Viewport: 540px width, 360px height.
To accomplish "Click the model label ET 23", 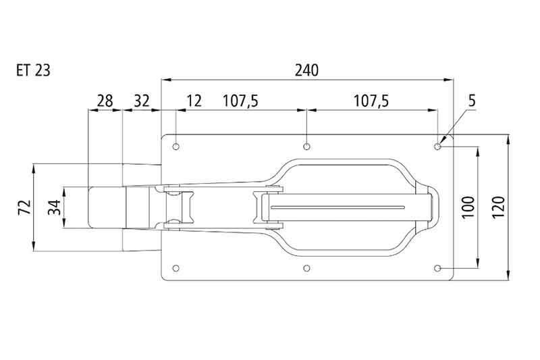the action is (33, 71).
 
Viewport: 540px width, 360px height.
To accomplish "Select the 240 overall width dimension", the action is (306, 71).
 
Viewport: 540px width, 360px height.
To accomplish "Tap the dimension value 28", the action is (105, 101).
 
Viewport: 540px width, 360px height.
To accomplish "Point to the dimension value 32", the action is (142, 101).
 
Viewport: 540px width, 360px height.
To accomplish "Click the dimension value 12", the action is (194, 101).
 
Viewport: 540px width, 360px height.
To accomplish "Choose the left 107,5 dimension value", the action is (240, 101).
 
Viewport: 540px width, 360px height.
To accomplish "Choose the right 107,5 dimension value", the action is (371, 101).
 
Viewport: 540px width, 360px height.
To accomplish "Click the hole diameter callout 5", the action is (472, 101).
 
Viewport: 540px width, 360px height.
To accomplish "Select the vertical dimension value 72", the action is (25, 207).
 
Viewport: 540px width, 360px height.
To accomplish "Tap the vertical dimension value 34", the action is (55, 207).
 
